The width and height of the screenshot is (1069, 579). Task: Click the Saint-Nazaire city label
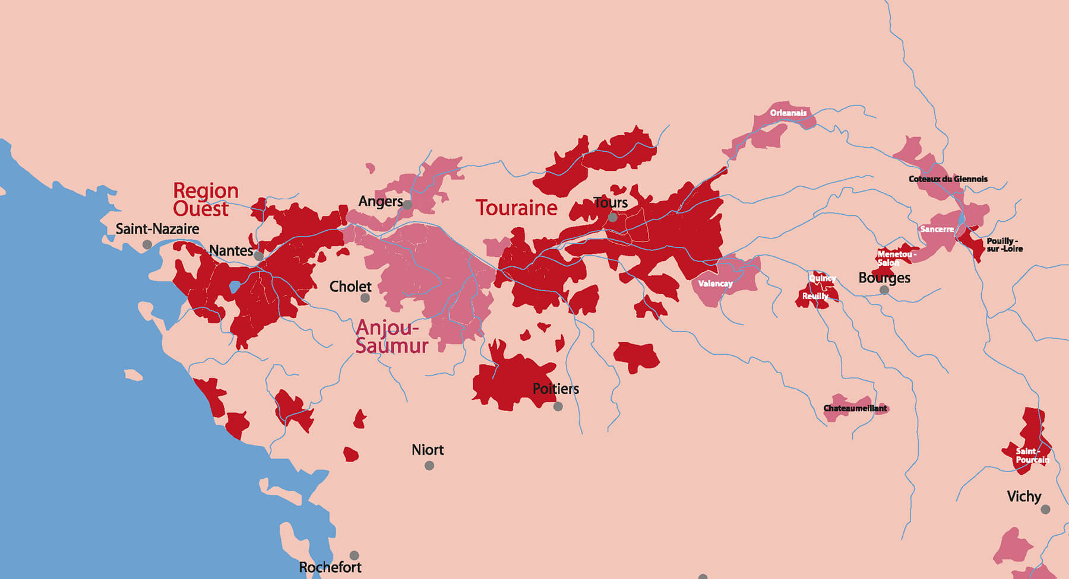click(157, 229)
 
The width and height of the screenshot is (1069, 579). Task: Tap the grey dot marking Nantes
click(258, 256)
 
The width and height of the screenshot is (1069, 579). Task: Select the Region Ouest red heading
click(205, 200)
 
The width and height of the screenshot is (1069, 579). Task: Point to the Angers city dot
click(407, 205)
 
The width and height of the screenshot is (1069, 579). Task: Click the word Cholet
click(350, 287)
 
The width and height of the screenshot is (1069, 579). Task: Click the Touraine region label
click(516, 208)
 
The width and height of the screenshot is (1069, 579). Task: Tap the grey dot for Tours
click(613, 218)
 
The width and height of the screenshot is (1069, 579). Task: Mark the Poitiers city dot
click(558, 406)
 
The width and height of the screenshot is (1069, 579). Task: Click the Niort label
click(428, 450)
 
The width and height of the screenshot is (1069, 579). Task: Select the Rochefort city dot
click(354, 555)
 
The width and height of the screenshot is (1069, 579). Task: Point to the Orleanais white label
click(788, 113)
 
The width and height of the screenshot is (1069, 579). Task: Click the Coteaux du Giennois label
click(948, 179)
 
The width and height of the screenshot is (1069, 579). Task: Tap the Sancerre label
click(937, 229)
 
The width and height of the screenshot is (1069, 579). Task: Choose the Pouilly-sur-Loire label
click(1004, 245)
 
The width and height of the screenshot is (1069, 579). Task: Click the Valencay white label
click(715, 284)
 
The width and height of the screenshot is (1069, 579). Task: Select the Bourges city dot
click(884, 290)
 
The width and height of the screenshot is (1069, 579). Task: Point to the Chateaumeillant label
click(855, 408)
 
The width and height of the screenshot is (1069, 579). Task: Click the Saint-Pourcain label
click(1032, 456)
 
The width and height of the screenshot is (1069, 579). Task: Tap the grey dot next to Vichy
click(1045, 509)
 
